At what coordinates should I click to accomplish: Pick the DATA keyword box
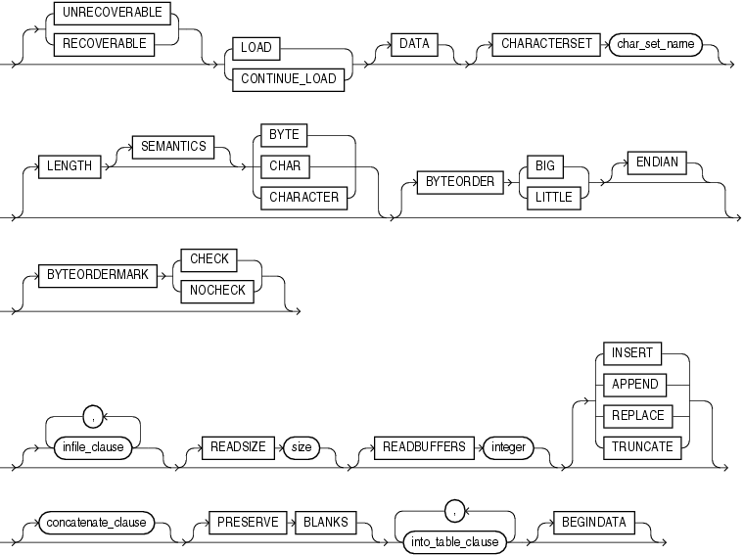[x=413, y=44]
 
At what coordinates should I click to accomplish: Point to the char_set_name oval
[x=655, y=44]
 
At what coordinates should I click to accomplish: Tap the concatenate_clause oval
[x=97, y=523]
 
